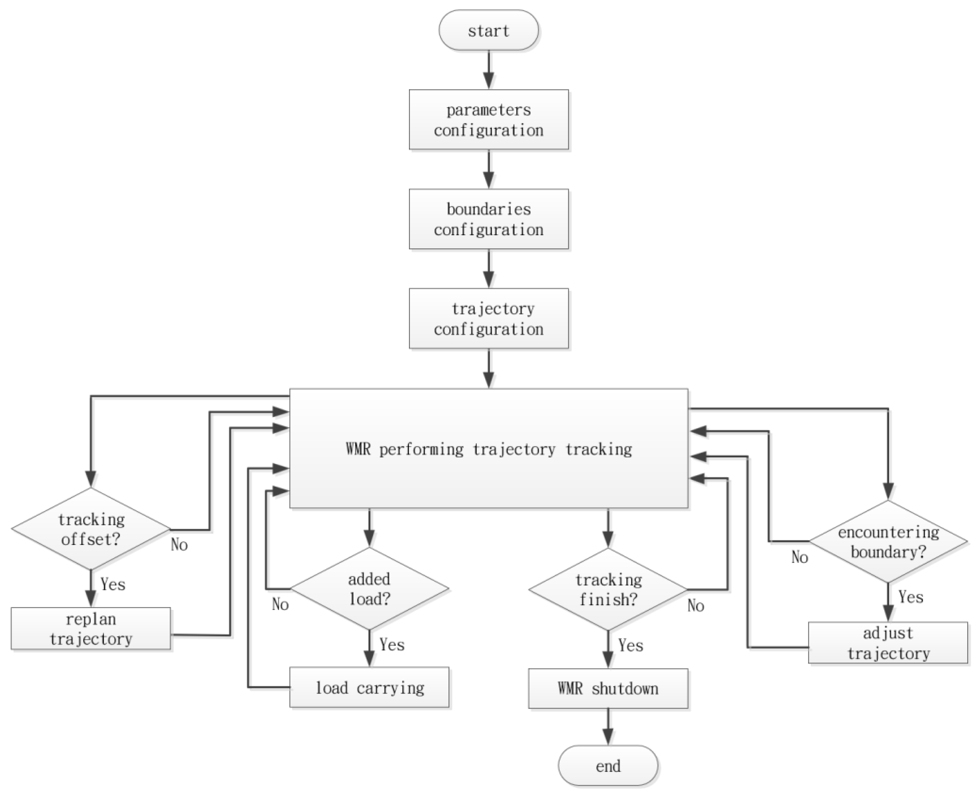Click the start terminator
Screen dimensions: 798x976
coord(488,30)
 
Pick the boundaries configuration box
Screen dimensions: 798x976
coord(489,219)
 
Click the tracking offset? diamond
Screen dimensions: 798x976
coord(91,529)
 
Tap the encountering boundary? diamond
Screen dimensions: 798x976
coord(888,542)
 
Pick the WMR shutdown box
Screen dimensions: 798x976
coord(608,688)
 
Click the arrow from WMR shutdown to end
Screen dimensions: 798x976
coord(608,726)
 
